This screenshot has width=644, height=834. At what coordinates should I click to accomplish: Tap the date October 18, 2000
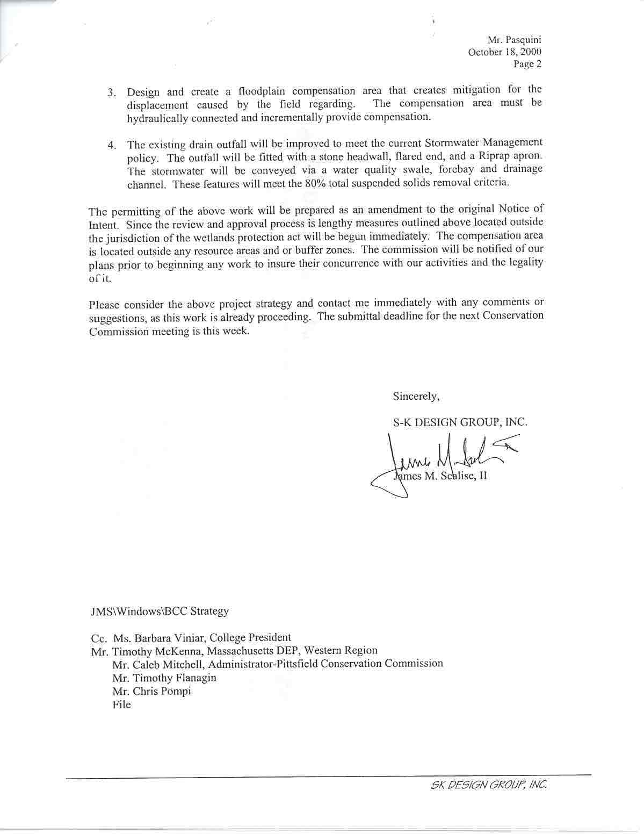pos(504,52)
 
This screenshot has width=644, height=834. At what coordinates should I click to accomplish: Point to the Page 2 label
pos(527,64)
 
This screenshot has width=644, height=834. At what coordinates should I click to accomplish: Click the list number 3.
pos(111,92)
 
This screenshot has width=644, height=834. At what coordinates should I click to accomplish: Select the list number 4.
pos(111,146)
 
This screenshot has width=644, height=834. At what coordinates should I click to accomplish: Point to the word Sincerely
pos(416,396)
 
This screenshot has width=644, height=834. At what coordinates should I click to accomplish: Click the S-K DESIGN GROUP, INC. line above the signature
pos(460,422)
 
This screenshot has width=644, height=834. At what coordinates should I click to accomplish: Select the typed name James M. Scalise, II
pos(440,476)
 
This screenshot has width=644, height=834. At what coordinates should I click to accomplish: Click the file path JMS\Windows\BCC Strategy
pos(159,611)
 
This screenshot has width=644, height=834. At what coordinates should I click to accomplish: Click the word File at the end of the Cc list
pos(121,704)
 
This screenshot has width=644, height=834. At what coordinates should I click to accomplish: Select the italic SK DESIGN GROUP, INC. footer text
pos(489,785)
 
